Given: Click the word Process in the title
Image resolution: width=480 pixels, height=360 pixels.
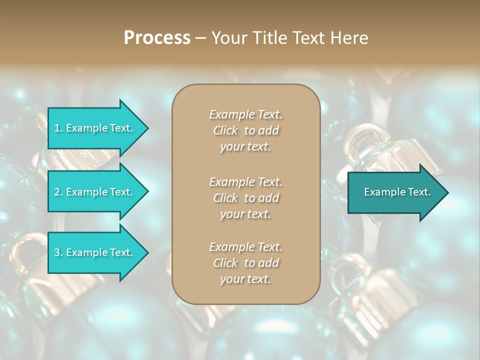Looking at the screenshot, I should pyautogui.click(x=157, y=38).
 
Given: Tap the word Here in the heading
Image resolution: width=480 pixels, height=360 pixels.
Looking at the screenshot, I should pyautogui.click(x=349, y=38).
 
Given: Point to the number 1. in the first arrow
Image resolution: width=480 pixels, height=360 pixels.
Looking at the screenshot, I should pyautogui.click(x=58, y=128).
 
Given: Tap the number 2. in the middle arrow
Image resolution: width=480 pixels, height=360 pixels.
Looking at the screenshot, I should pyautogui.click(x=58, y=192).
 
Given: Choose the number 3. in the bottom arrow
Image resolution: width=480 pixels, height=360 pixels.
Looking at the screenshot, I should pyautogui.click(x=58, y=252).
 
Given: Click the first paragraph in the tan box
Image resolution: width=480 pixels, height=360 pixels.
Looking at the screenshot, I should pyautogui.click(x=245, y=130).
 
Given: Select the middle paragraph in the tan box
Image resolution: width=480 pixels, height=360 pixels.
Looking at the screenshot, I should pyautogui.click(x=245, y=197).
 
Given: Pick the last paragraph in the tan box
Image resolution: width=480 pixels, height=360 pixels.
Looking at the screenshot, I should pyautogui.click(x=245, y=263).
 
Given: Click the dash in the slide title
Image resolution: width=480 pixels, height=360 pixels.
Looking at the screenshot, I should pyautogui.click(x=200, y=38).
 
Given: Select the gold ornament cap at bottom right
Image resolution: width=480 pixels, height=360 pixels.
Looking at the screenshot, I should pyautogui.click(x=380, y=290).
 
